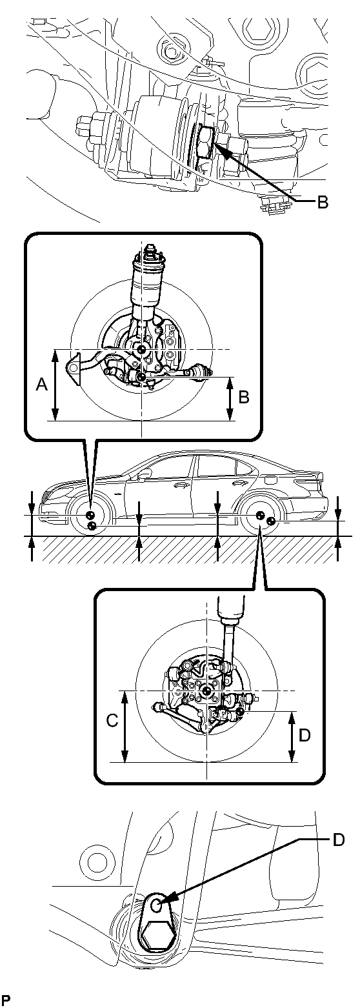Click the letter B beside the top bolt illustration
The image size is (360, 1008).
point(322,203)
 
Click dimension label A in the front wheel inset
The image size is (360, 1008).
point(41,385)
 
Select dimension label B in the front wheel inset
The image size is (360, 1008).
point(243,398)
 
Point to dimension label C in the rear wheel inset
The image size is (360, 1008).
point(112,720)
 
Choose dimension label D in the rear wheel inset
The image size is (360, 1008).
point(305,735)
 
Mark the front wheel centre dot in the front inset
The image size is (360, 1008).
point(142,349)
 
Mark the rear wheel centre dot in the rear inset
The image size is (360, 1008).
point(206,690)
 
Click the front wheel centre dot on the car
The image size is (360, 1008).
point(90,515)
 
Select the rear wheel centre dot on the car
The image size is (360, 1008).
point(259,515)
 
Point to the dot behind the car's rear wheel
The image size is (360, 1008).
point(271,521)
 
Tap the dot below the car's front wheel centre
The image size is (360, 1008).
point(92,525)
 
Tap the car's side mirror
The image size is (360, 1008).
point(145,475)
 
